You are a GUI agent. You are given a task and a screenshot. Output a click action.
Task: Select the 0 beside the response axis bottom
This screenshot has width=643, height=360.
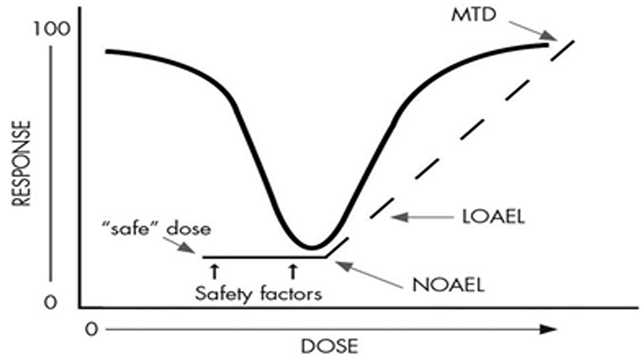pos(51,302)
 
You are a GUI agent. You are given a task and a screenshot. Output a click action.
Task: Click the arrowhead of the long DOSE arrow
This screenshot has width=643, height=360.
pos(549,329)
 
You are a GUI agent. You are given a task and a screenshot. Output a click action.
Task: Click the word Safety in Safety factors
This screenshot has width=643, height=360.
pos(225,294)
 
